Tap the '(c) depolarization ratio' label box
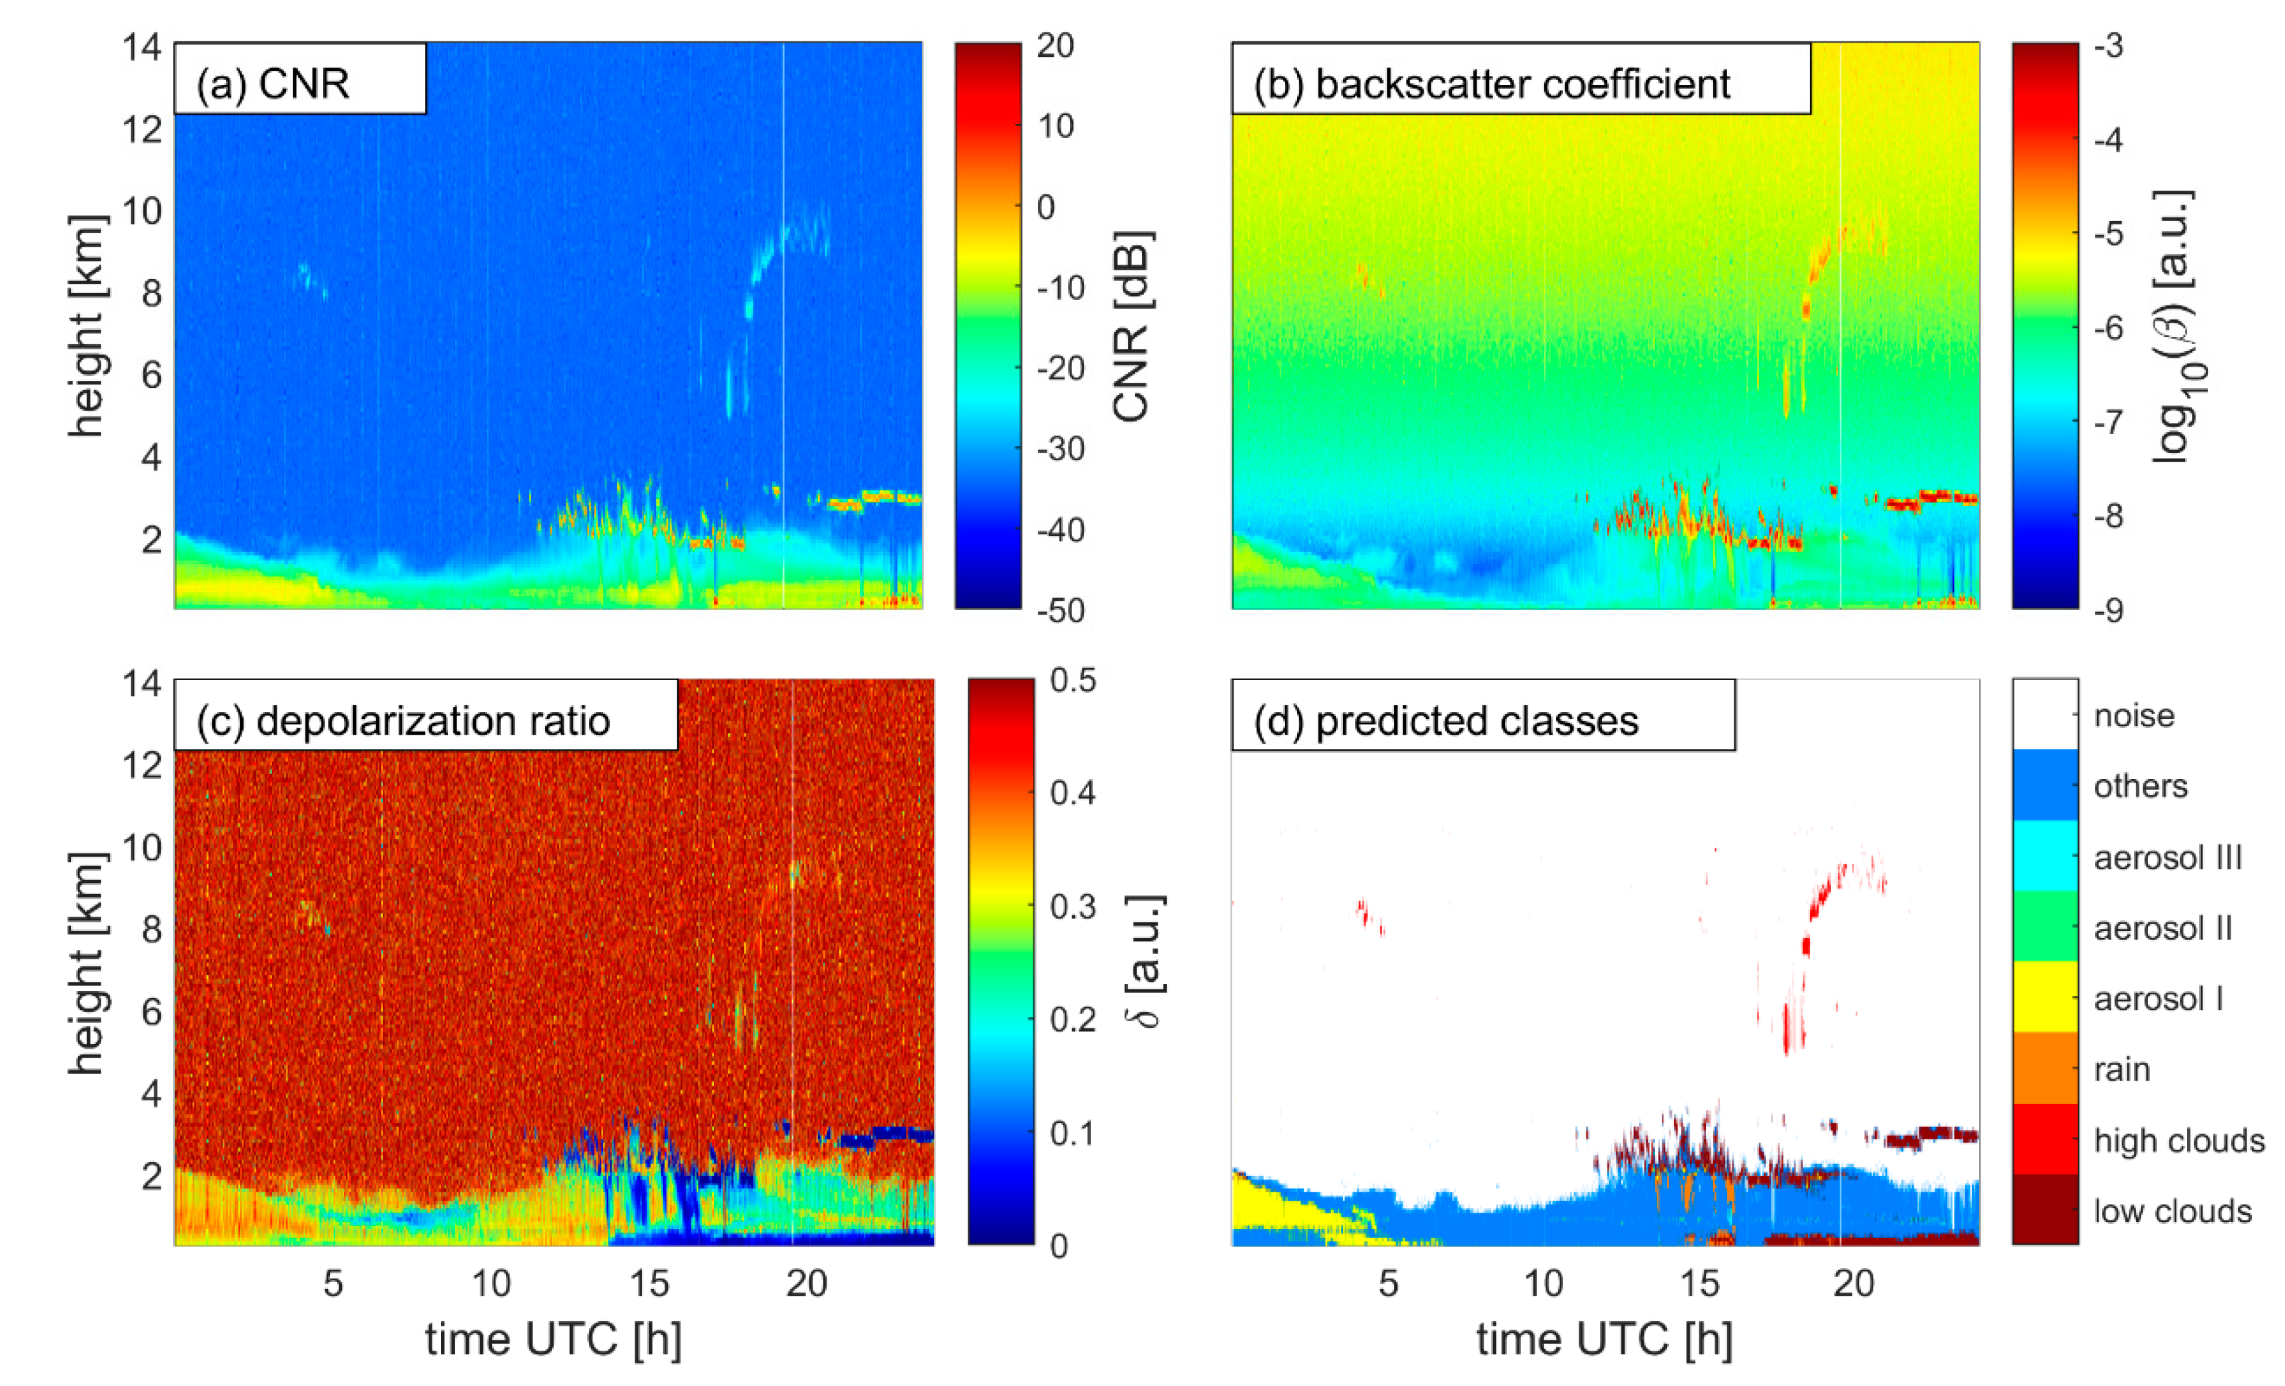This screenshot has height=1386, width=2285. [404, 721]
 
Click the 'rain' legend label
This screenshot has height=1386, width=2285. [2122, 1069]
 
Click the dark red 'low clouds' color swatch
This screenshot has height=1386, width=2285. [2044, 1209]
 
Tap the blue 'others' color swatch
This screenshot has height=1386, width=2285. [2044, 785]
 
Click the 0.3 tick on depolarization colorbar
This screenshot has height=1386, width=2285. [1073, 906]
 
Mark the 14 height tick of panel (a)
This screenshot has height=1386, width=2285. [142, 46]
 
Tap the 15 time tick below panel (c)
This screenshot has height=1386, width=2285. [649, 1283]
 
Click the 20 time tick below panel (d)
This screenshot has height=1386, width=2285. [1854, 1283]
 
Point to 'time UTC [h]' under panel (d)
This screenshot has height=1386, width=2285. [1604, 1339]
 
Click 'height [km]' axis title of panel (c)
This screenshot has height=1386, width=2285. [87, 964]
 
